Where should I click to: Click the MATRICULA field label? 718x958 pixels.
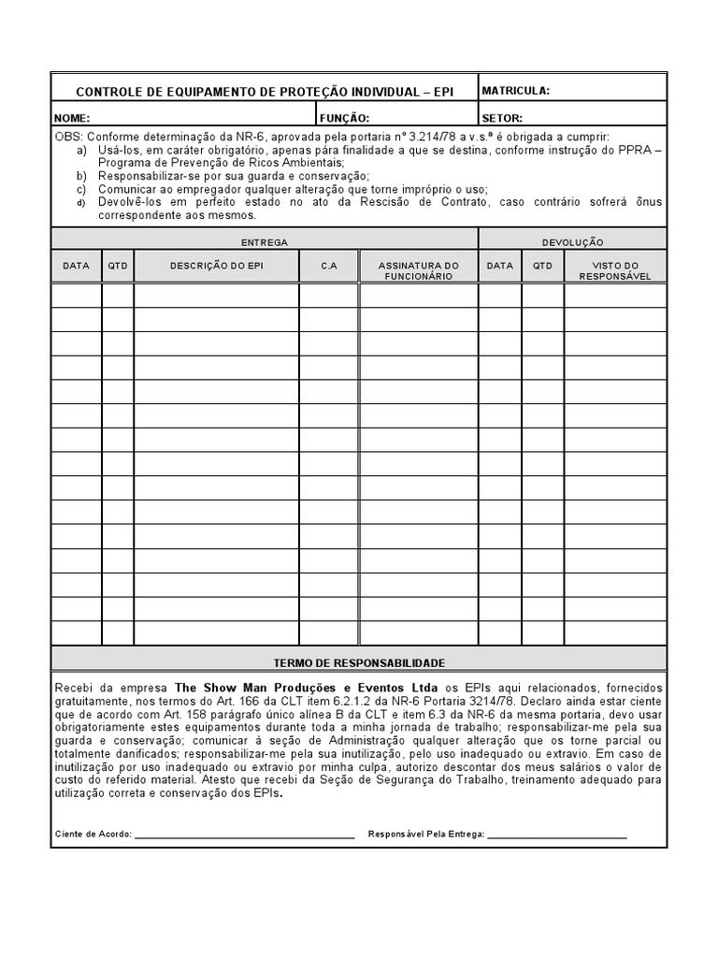[515, 91]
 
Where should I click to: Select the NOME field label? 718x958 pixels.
[72, 119]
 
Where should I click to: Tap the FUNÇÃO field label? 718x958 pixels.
[344, 119]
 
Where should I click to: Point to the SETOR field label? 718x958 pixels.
[502, 119]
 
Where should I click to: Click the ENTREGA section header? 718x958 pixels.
[265, 242]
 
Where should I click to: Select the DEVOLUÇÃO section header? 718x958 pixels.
[573, 242]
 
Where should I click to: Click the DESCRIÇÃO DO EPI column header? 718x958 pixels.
[217, 266]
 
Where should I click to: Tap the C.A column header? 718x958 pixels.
[329, 266]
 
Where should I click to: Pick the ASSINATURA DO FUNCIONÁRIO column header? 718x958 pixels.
[419, 270]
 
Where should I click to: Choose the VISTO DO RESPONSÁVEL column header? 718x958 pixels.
[615, 270]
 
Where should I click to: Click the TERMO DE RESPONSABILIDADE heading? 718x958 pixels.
[359, 662]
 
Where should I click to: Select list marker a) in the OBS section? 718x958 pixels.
[81, 150]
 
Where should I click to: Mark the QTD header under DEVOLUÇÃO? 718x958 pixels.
[542, 266]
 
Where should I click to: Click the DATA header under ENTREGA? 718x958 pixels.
[76, 266]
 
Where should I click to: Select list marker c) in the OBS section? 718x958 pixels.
[81, 188]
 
